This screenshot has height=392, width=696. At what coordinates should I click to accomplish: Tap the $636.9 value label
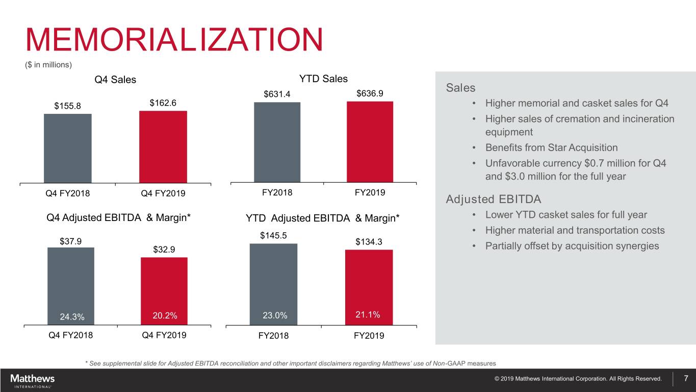coord(370,93)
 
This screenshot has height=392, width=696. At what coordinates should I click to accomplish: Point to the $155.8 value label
coord(67,106)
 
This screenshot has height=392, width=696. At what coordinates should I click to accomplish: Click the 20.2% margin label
coord(165,316)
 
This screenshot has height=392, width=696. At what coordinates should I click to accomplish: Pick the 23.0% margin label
coord(275,316)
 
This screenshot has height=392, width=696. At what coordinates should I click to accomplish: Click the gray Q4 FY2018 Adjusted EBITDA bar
coord(71,286)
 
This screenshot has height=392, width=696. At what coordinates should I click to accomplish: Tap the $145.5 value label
coord(273,235)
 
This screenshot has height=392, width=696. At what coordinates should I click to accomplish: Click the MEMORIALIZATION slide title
coord(174,40)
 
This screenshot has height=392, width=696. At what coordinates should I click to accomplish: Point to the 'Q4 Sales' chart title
coord(115,80)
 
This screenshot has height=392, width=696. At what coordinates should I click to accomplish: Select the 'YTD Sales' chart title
coord(323,79)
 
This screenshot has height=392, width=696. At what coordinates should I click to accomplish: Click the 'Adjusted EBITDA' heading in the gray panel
coord(493,199)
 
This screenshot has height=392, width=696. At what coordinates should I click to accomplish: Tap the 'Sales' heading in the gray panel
coord(460,88)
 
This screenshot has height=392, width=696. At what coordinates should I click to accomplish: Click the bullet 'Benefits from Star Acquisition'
coord(551,148)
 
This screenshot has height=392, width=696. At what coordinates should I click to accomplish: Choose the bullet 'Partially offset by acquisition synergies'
coord(572,246)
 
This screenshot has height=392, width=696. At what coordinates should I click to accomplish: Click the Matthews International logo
coord(32,380)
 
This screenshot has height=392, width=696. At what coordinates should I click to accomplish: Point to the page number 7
coord(686,378)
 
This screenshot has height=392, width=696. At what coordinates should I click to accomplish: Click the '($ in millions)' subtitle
coord(48,65)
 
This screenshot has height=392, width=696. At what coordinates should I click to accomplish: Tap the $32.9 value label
coord(164,250)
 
